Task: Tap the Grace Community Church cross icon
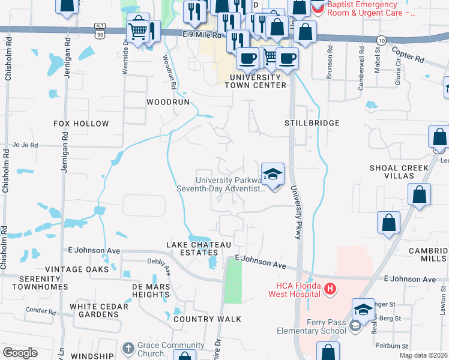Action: tap(127, 348)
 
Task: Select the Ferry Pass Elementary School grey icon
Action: tap(355, 326)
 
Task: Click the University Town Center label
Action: tap(255, 81)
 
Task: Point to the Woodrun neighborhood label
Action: tap(168, 102)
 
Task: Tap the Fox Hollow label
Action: tap(82, 124)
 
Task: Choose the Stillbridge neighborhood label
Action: tap(312, 123)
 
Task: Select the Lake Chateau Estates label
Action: tap(199, 249)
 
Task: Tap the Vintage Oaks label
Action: tap(77, 269)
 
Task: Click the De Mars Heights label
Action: tap(151, 290)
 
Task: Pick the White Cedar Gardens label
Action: tap(99, 310)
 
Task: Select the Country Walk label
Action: tap(207, 319)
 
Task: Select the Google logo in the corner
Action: tap(20, 353)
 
